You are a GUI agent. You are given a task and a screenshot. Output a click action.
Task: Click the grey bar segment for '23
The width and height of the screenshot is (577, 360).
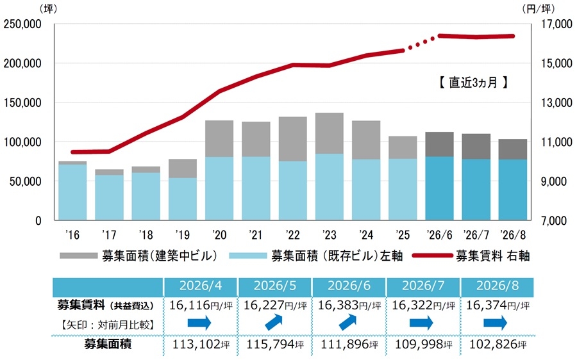click(330, 133)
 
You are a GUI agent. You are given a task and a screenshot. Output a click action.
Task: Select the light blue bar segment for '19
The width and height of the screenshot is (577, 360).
click(183, 199)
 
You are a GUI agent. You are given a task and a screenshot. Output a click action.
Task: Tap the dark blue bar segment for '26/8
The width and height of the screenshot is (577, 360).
click(513, 190)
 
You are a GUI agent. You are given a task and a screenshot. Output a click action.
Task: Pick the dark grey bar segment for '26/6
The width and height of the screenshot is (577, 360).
click(439, 145)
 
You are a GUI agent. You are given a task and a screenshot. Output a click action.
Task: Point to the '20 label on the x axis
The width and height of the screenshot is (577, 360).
click(219, 234)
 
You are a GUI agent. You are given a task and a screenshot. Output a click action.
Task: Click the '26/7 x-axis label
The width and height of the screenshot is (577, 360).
click(476, 234)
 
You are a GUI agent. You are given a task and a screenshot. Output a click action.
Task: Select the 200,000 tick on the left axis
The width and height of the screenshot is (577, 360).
click(22, 63)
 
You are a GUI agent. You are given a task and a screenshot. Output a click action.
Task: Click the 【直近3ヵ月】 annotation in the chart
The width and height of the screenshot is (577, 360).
click(473, 83)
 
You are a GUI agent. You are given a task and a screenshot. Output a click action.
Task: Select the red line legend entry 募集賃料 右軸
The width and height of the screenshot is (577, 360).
click(471, 256)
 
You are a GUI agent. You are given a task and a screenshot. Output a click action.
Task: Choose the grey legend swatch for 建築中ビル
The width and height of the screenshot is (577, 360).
click(78, 256)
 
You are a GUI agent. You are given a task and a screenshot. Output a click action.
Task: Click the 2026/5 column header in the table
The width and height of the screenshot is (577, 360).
click(275, 286)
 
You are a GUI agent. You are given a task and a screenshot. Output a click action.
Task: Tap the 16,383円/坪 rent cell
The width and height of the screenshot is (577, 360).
click(349, 305)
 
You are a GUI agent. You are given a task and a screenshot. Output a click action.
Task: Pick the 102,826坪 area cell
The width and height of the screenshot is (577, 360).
click(498, 344)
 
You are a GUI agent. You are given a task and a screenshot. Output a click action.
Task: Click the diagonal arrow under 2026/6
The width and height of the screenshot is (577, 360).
click(347, 322)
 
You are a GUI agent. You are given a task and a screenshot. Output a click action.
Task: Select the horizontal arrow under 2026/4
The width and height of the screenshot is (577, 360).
click(199, 323)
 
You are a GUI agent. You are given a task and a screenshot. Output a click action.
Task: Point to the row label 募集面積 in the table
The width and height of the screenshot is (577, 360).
click(108, 344)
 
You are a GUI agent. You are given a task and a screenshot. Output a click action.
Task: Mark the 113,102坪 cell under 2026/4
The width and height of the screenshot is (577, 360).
click(201, 344)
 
